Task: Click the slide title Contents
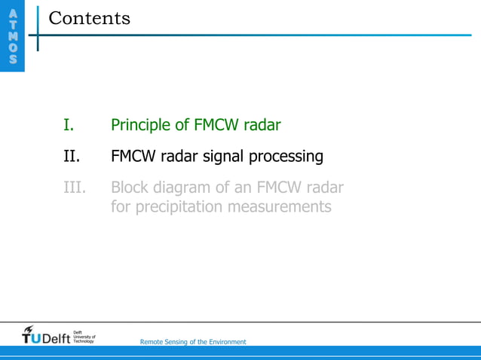click(89, 18)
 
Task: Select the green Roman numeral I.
click(68, 125)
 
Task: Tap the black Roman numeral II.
click(71, 157)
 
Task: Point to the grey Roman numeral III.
click(75, 188)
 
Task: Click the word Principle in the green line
click(139, 125)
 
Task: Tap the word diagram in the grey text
click(184, 188)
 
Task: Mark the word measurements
click(286, 206)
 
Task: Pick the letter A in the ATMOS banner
click(11, 14)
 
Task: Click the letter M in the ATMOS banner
click(11, 37)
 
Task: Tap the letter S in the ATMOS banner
click(11, 60)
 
